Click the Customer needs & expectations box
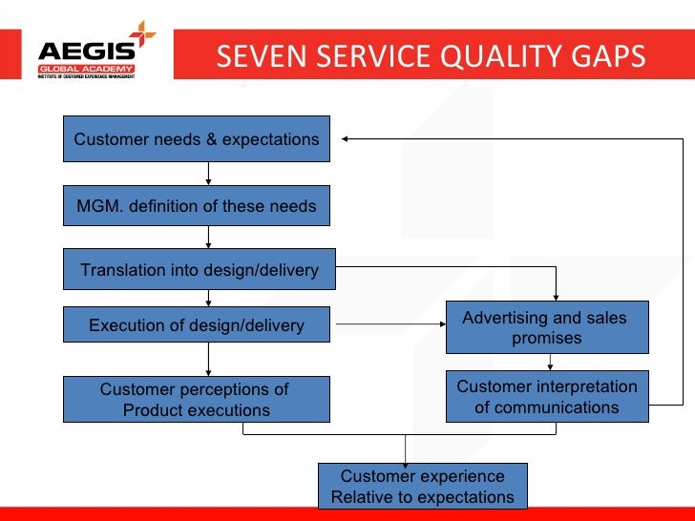point(197,139)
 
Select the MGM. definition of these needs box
point(197,205)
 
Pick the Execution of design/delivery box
point(197,325)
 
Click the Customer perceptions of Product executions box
point(197,400)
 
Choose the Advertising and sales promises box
point(547,327)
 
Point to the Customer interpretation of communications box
point(547,397)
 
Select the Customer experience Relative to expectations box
point(422,486)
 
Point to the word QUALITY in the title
point(490,57)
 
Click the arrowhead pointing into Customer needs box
point(346,139)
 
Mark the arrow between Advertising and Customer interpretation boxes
point(549,362)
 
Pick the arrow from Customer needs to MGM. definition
point(209,174)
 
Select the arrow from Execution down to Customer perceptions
point(209,359)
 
